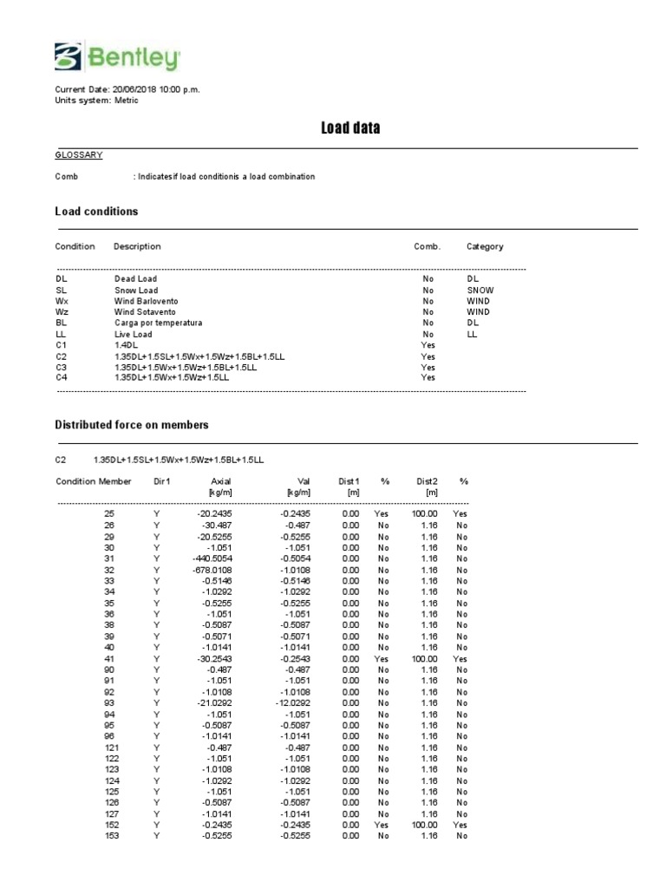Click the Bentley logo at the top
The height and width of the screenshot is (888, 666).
pyautogui.click(x=118, y=58)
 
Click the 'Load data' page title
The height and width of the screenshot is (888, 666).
pyautogui.click(x=350, y=128)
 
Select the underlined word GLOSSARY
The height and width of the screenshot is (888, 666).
pyautogui.click(x=79, y=155)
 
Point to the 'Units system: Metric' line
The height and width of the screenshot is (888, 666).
pyautogui.click(x=96, y=101)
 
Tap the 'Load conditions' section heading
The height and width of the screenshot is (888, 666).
pyautogui.click(x=96, y=212)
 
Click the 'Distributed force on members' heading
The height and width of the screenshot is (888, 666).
pyautogui.click(x=132, y=425)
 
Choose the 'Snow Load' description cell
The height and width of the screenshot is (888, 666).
pyautogui.click(x=136, y=291)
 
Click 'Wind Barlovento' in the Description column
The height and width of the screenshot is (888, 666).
pyautogui.click(x=146, y=301)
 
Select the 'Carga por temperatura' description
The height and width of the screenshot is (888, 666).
pyautogui.click(x=158, y=323)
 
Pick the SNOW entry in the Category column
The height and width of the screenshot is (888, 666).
pyautogui.click(x=480, y=291)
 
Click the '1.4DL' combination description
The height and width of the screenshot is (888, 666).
pyautogui.click(x=126, y=344)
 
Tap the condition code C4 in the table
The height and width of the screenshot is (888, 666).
pyautogui.click(x=62, y=377)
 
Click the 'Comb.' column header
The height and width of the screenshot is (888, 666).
pyautogui.click(x=428, y=246)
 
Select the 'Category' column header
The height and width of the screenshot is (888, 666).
pyautogui.click(x=485, y=246)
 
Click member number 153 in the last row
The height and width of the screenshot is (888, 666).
pyautogui.click(x=109, y=836)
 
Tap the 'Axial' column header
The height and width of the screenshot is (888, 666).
pyautogui.click(x=221, y=481)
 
